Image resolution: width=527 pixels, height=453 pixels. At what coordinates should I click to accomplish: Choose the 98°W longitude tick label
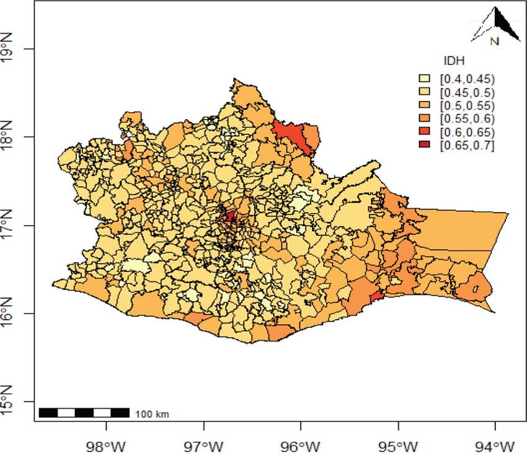tap(107, 444)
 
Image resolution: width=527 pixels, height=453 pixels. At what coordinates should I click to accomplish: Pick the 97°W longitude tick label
tap(204, 444)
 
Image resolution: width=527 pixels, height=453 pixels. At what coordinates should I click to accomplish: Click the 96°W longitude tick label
tap(301, 444)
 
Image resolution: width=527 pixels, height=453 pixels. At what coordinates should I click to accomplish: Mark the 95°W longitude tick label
tap(398, 444)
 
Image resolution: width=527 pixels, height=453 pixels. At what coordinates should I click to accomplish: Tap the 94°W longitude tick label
tap(495, 444)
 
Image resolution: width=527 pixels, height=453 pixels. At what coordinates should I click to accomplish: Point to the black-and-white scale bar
tap(84, 413)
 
